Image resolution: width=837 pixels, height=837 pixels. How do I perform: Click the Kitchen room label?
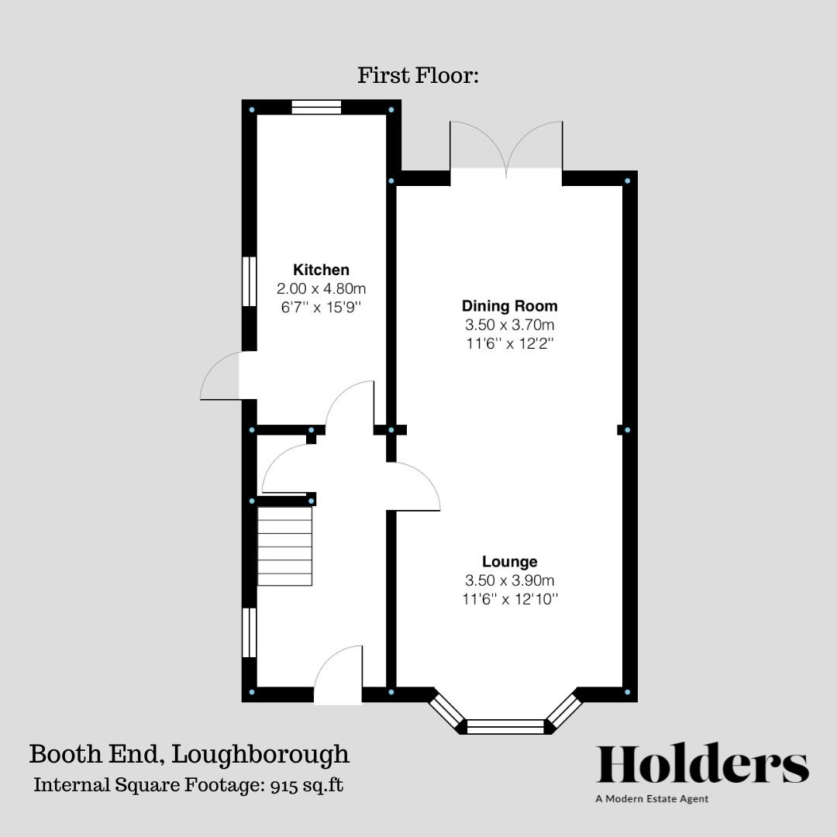point(321,270)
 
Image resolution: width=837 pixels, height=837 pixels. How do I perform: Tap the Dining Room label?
point(509,305)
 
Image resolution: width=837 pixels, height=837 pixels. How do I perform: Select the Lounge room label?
point(509,561)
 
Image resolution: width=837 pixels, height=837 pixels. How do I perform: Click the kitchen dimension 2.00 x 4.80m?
point(321,288)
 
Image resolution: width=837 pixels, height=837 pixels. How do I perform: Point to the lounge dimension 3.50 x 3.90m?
point(509,580)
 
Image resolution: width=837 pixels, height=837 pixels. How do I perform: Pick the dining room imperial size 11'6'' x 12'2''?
point(509,343)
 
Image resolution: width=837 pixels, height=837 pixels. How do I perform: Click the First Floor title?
point(418,76)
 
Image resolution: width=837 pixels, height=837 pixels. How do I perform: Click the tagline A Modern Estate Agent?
point(652,799)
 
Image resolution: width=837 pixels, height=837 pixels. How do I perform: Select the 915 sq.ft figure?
point(307,785)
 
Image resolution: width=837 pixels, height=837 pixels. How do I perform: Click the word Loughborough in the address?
point(260,753)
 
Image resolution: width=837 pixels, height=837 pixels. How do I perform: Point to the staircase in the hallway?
point(284,546)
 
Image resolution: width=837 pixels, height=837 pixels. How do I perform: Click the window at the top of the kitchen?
point(316,108)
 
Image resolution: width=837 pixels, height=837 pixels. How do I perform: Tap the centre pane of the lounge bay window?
point(506,726)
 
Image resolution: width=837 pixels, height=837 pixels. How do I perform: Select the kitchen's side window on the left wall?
point(249,282)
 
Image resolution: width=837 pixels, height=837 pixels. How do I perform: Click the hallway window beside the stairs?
point(249,632)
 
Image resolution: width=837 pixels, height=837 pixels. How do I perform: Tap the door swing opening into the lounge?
point(413,487)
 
